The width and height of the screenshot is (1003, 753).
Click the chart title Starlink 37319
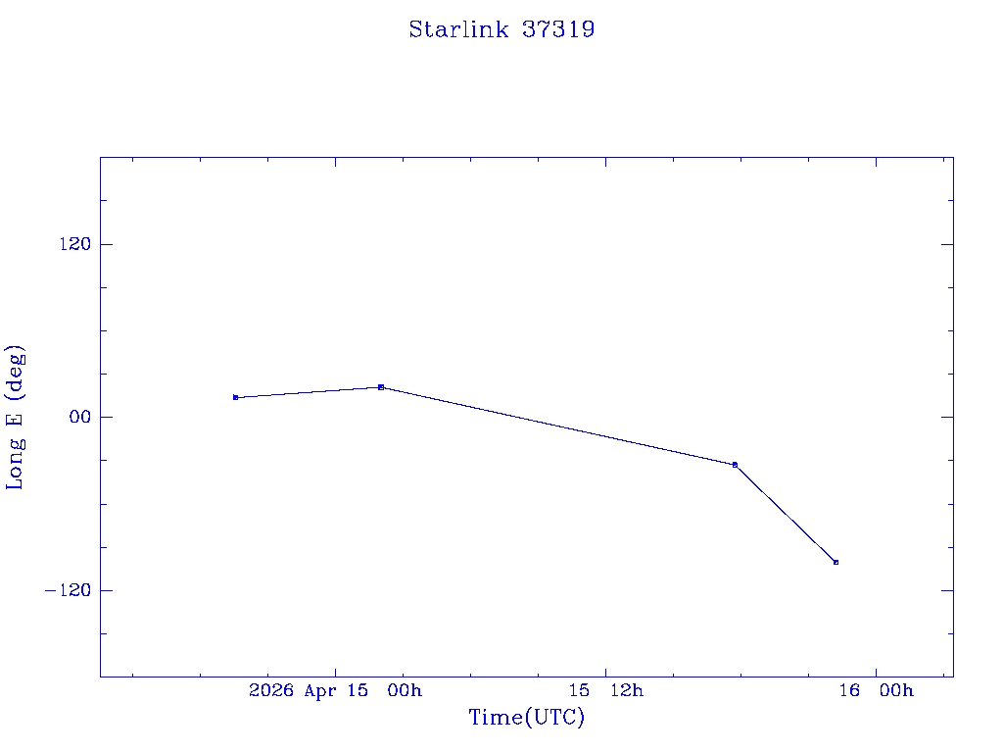pyautogui.click(x=501, y=29)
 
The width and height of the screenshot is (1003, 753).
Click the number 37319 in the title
pyautogui.click(x=558, y=29)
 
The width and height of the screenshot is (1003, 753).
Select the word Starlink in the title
pyautogui.click(x=459, y=29)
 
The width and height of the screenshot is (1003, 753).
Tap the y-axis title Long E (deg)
pyautogui.click(x=16, y=417)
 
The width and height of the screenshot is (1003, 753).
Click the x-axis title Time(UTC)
pyautogui.click(x=527, y=718)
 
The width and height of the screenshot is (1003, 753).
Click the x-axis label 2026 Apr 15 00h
pyautogui.click(x=335, y=691)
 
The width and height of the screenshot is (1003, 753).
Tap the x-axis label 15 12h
pyautogui.click(x=613, y=691)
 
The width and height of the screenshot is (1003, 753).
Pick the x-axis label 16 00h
pyautogui.click(x=876, y=691)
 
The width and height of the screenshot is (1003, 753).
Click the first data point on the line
pyautogui.click(x=236, y=397)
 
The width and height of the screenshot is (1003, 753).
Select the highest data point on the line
pyautogui.click(x=381, y=387)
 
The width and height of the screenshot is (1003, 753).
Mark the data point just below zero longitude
pyautogui.click(x=735, y=465)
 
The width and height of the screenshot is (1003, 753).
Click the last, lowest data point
pyautogui.click(x=836, y=562)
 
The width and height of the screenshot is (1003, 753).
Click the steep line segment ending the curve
pyautogui.click(x=786, y=514)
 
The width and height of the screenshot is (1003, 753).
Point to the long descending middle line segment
pyautogui.click(x=558, y=427)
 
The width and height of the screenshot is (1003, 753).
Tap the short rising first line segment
pyautogui.click(x=309, y=392)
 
